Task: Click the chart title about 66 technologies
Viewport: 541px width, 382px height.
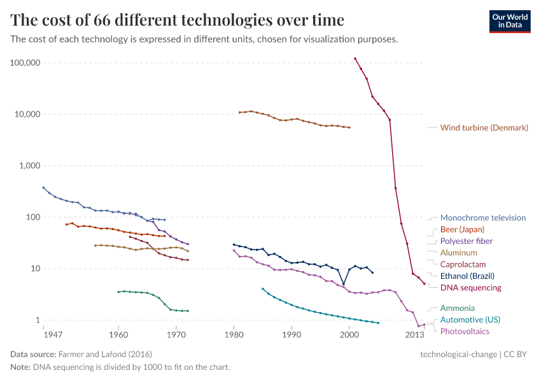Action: pyautogui.click(x=178, y=20)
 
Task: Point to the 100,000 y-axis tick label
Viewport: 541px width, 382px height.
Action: pyautogui.click(x=25, y=63)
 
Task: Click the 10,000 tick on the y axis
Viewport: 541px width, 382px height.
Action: pyautogui.click(x=28, y=115)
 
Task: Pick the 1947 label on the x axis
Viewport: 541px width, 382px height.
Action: pyautogui.click(x=44, y=334)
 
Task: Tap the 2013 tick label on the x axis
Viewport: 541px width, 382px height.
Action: pyautogui.click(x=415, y=334)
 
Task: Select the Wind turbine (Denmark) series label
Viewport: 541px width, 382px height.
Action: pyautogui.click(x=484, y=128)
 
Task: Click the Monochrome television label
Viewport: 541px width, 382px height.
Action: pyautogui.click(x=482, y=218)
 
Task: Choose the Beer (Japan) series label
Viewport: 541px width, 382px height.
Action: pyautogui.click(x=462, y=229)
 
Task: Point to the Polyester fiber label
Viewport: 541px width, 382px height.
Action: pyautogui.click(x=466, y=241)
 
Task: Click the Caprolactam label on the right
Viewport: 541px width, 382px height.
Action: pyautogui.click(x=463, y=264)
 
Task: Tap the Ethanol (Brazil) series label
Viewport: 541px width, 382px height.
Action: pyautogui.click(x=467, y=276)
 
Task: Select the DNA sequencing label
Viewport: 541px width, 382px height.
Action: pyautogui.click(x=470, y=288)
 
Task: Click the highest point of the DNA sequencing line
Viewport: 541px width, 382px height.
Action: pyautogui.click(x=355, y=59)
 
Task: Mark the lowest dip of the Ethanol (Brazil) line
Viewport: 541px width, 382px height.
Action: pyautogui.click(x=344, y=285)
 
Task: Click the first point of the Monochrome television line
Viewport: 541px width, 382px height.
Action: pyautogui.click(x=43, y=187)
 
